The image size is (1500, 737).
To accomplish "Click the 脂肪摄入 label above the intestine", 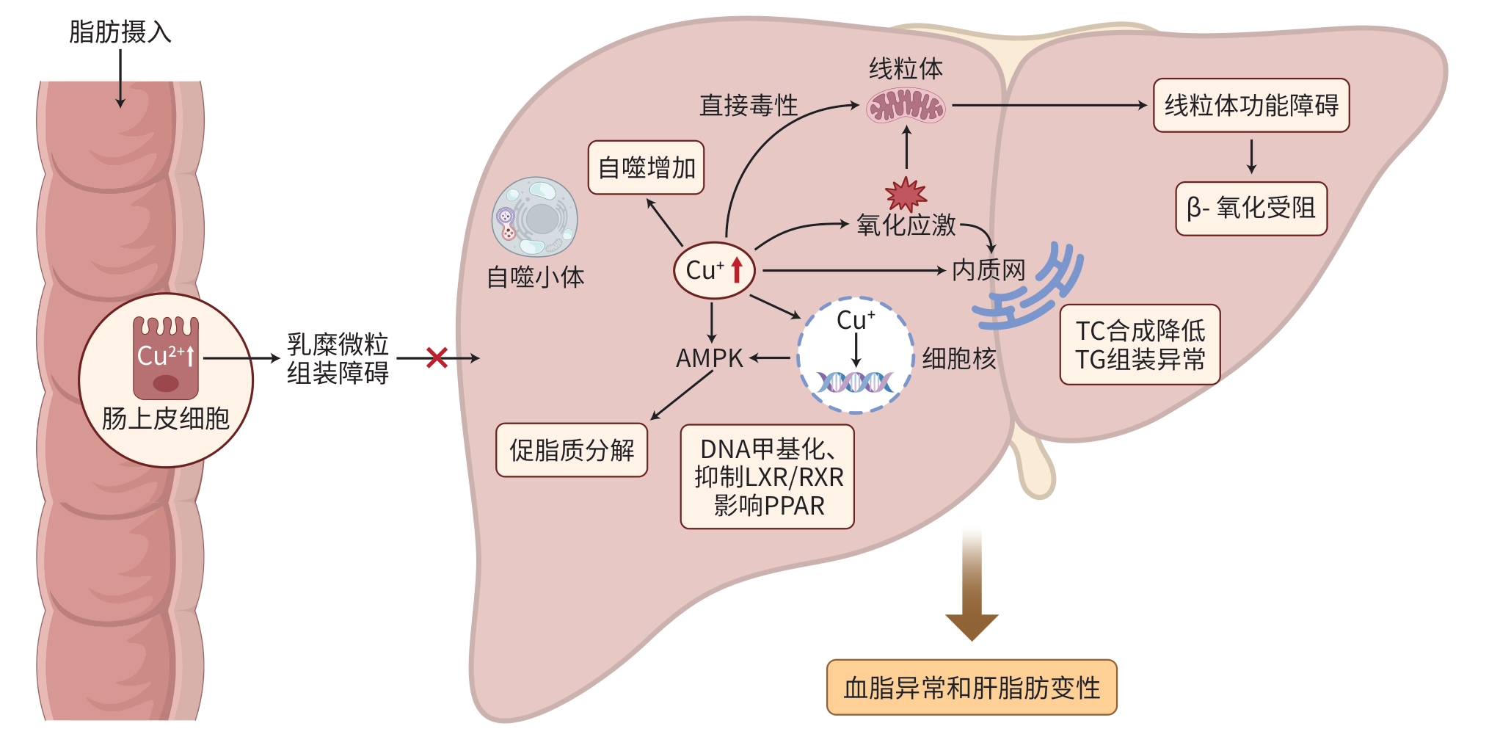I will [120, 32].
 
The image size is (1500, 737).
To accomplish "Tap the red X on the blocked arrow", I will [437, 358].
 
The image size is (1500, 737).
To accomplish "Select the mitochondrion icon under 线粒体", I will [906, 106].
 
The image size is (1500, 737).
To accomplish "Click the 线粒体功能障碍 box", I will [1250, 106].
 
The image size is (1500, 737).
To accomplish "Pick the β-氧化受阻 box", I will [1250, 208].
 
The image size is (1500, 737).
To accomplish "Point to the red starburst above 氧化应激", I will [906, 194].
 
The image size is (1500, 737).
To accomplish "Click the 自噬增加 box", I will [646, 168].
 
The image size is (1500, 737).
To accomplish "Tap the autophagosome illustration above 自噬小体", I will [535, 217].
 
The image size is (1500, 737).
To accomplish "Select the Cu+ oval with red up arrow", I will [714, 270].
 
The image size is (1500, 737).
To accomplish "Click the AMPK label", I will [709, 358].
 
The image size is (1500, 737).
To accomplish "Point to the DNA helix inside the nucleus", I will [855, 382].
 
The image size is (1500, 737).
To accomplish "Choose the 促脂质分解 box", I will [572, 450].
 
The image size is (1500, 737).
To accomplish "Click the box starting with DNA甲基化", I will [768, 477].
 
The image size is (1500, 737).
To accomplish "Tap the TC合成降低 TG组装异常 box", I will [1140, 345].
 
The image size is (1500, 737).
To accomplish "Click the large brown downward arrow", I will [972, 587].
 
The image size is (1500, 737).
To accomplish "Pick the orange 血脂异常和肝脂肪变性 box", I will [972, 688].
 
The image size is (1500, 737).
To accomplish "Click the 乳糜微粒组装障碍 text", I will [338, 358].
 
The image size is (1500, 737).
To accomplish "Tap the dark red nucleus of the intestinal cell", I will [166, 383].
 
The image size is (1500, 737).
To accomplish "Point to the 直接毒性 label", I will [749, 106].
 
